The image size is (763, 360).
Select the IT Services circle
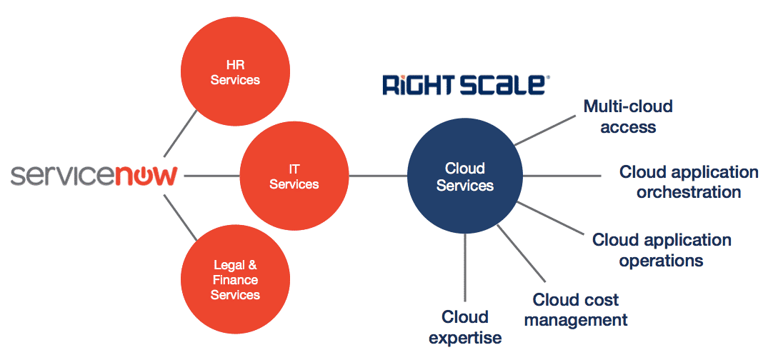[294, 176]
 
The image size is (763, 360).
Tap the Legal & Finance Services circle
[235, 279]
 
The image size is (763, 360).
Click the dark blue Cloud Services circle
[464, 176]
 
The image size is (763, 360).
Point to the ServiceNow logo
[94, 176]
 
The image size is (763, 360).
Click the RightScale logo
[465, 84]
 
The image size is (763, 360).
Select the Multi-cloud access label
[628, 117]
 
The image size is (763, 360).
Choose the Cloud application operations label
[662, 250]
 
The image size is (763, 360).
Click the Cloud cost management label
[576, 309]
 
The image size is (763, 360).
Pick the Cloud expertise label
[465, 326]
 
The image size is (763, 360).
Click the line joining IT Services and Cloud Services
[377, 176]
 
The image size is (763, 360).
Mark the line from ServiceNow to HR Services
[180, 132]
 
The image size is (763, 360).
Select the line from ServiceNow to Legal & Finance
[181, 219]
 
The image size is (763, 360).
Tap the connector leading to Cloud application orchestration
[564, 176]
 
